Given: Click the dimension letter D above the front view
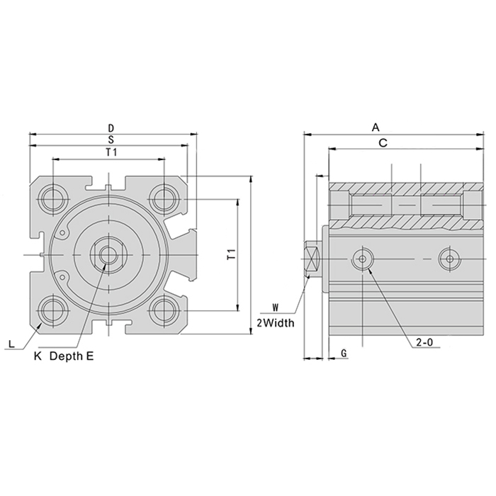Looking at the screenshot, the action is pos(111,128).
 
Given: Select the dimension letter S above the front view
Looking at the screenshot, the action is pos(111,140).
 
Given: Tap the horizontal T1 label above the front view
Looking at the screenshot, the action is pos(111,152).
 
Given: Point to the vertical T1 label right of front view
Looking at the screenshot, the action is pos(232,254).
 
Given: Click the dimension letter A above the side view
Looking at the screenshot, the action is pos(376,128).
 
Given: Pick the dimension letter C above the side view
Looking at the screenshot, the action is pos(383,143).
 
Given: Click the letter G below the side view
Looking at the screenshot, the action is pos(344,353).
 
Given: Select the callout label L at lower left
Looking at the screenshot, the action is pos(12,344).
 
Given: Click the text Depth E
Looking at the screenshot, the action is pos(72,356).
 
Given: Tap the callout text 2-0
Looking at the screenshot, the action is pos(424,342).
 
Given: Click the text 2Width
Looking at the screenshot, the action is pos(276,323).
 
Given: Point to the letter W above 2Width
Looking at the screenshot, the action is pos(276,308).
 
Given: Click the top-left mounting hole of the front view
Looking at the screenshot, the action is pos(53,200).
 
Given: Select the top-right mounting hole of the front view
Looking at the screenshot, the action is pos(164,199).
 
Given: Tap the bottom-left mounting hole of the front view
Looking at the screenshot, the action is pos(53,310).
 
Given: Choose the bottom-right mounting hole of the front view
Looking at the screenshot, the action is pos(164,310).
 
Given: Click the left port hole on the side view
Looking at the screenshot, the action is pos(363,259).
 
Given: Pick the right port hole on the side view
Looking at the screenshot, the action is pos(450,259).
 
